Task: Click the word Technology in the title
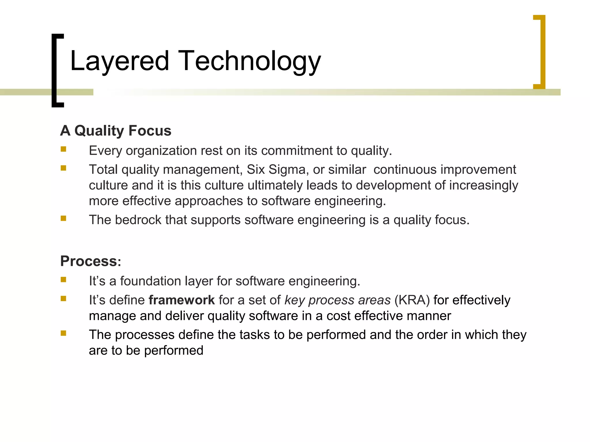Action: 249,61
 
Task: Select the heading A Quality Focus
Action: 116,131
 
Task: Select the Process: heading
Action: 90,261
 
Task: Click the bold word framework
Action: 181,300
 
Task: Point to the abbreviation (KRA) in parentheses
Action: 412,300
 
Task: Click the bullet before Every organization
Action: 63,149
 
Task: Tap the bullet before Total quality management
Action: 63,168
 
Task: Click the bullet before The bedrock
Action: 63,218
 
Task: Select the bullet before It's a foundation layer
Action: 63,280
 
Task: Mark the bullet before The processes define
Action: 63,333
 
